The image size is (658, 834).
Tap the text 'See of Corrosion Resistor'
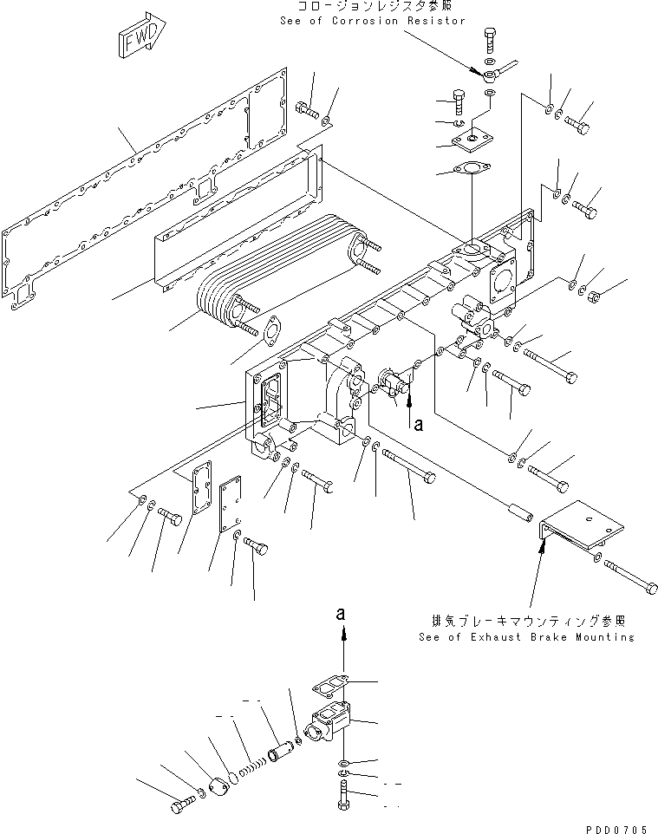tap(373, 21)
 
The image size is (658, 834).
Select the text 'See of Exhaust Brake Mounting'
tap(525, 636)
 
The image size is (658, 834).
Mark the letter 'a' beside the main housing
tap(420, 425)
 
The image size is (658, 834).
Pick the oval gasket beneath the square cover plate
tap(473, 173)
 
